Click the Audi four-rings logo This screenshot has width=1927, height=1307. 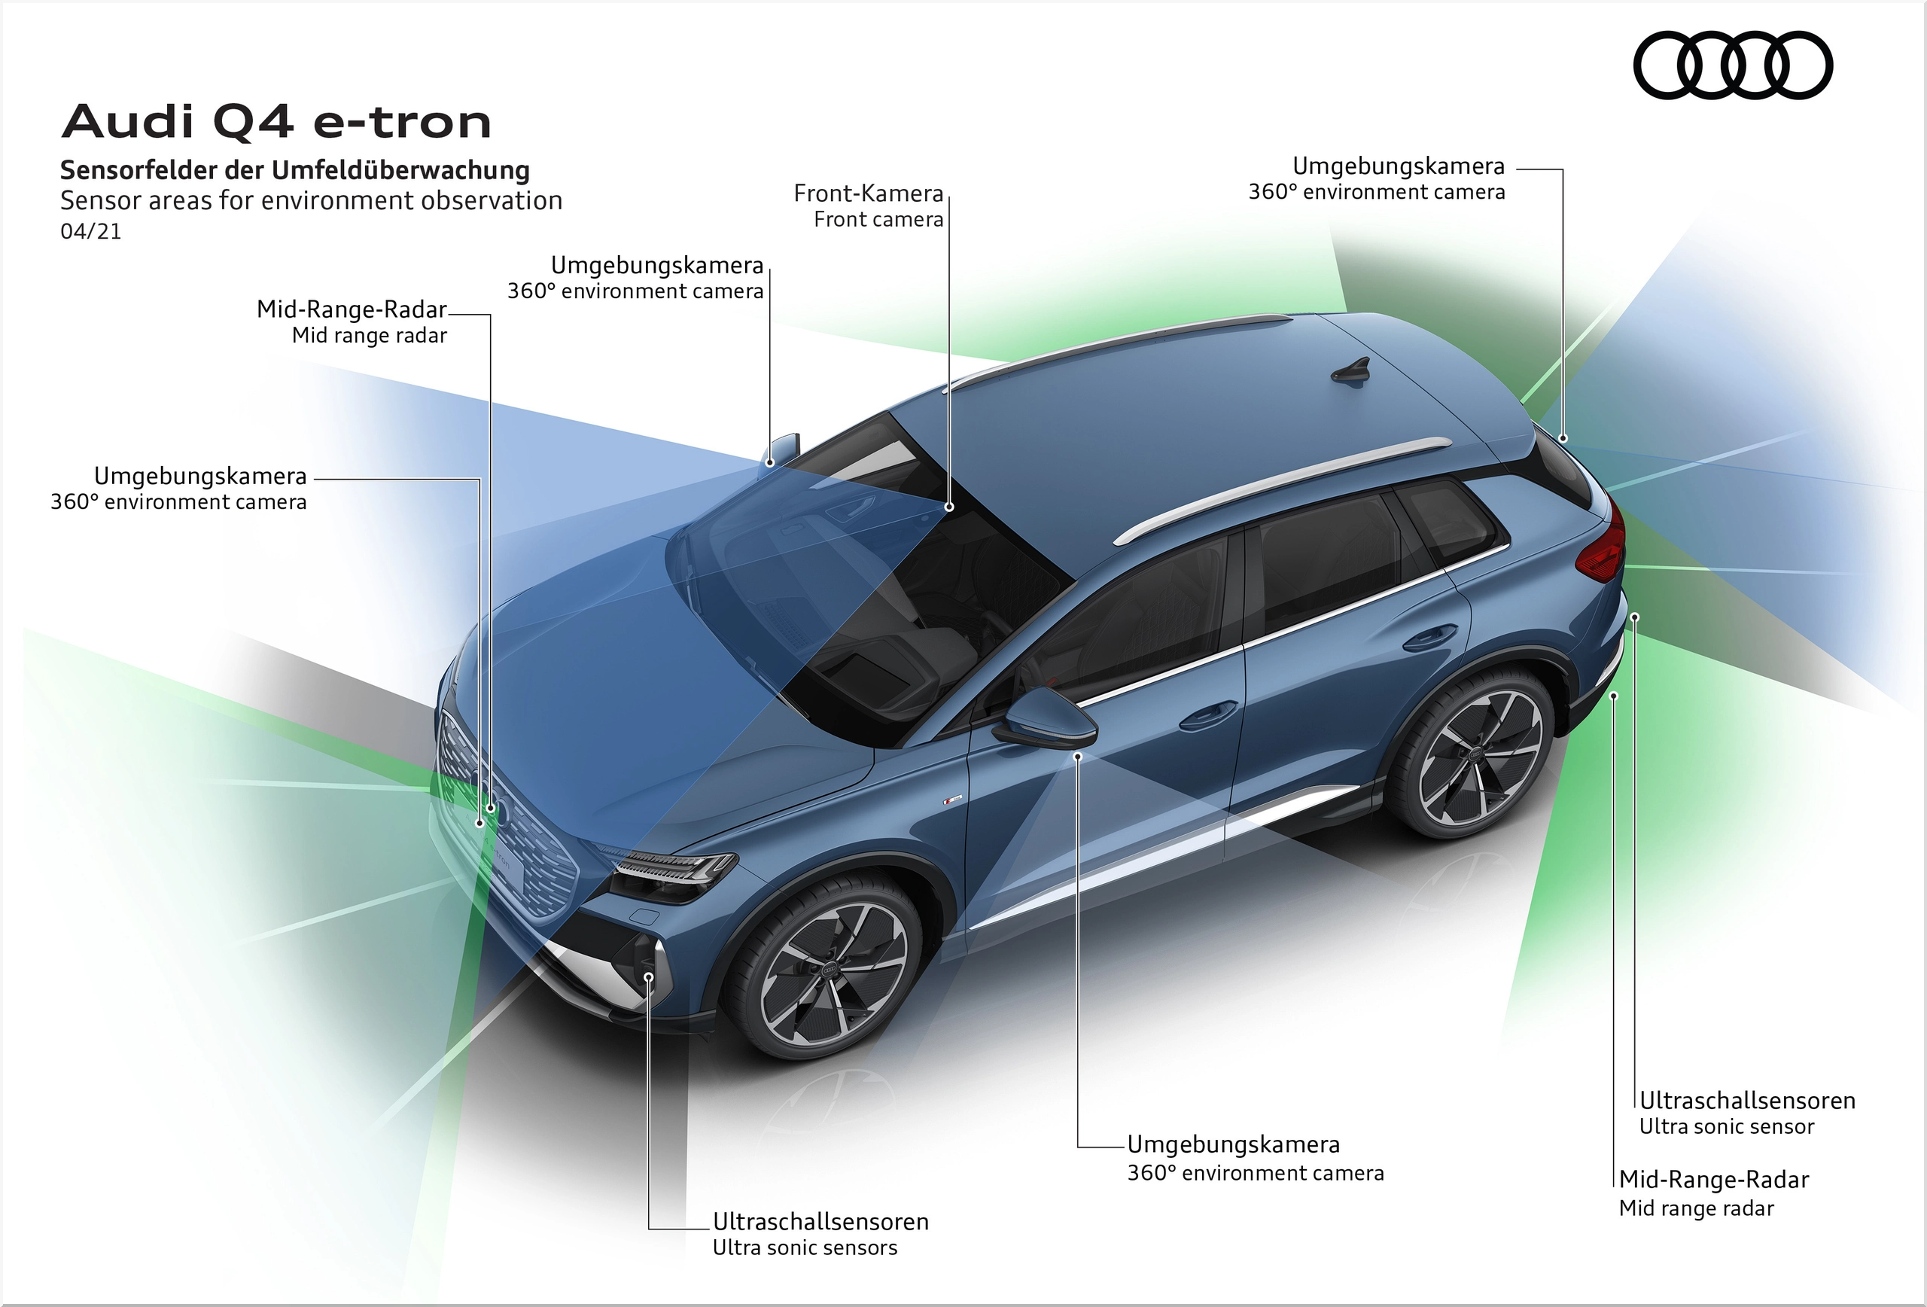[x=1733, y=66]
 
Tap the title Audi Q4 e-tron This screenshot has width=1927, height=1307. [x=277, y=122]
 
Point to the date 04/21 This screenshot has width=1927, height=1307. [x=91, y=231]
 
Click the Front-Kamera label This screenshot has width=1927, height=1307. [x=868, y=206]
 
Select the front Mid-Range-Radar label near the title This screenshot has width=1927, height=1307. [x=352, y=321]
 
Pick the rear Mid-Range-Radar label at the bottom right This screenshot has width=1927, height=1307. [x=1714, y=1193]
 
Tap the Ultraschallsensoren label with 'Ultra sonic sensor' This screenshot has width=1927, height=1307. [x=1747, y=1113]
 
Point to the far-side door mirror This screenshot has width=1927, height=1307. [x=781, y=449]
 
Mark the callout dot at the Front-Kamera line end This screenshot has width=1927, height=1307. [x=949, y=507]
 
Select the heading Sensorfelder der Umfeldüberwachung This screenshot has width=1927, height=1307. [x=295, y=170]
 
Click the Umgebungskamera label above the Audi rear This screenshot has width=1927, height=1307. [x=1377, y=178]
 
